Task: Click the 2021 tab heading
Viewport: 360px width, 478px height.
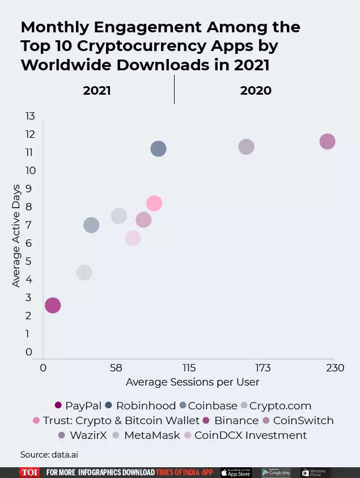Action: tap(97, 91)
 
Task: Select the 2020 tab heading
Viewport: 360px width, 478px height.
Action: tap(256, 91)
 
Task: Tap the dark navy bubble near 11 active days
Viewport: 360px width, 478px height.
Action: tap(158, 149)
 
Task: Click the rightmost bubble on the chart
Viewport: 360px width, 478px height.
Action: tap(327, 141)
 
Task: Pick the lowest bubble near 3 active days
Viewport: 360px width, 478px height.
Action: tap(53, 305)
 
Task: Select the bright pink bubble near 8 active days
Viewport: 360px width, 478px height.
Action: tap(154, 203)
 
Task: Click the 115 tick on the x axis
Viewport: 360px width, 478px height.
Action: tap(189, 368)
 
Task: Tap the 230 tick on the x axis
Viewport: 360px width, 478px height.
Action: tap(335, 368)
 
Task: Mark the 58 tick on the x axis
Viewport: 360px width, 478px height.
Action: tap(116, 368)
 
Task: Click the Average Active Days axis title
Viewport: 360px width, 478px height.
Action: tap(16, 235)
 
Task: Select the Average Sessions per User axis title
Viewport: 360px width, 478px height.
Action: tap(192, 382)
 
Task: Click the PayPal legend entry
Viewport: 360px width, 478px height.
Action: tap(78, 405)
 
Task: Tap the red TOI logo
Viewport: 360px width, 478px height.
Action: tap(29, 472)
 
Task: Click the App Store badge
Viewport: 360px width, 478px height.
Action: tap(236, 472)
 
